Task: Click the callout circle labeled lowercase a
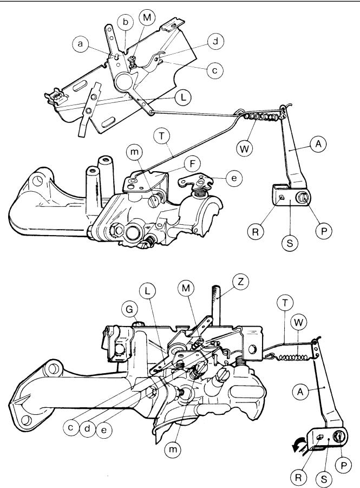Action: pos(81,43)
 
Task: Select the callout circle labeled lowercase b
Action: pos(125,22)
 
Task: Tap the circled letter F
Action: pos(192,164)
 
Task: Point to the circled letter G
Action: pos(129,309)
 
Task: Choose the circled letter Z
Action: pos(240,283)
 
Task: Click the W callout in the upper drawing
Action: pos(245,148)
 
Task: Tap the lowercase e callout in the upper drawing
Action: pos(234,178)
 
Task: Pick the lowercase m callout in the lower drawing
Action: pos(173,449)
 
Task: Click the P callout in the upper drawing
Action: pos(324,231)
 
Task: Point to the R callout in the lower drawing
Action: pos(299,477)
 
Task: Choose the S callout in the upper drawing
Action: pos(290,243)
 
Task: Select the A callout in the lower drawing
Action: pos(301,391)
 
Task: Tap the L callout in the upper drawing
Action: pos(184,97)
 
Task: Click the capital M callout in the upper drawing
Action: pos(147,18)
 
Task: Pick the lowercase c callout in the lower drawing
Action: pos(71,427)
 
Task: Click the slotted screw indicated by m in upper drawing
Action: pos(154,200)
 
